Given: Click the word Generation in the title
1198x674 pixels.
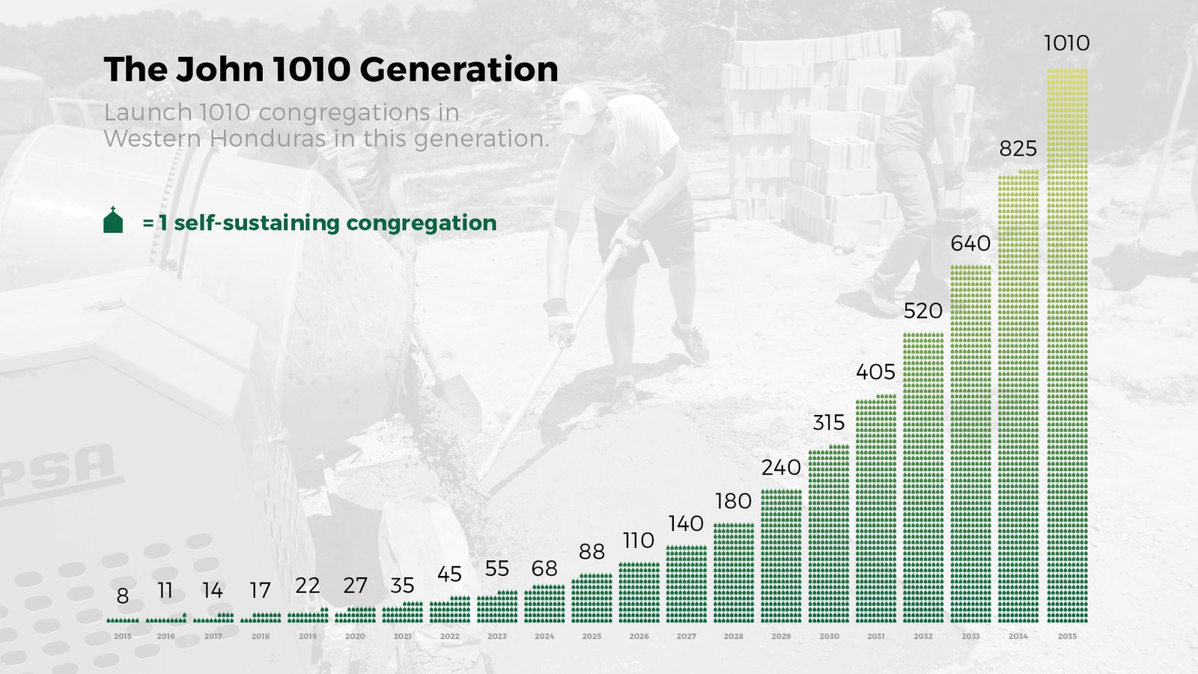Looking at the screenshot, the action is coord(459,69).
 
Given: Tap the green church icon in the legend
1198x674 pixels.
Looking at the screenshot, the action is coord(113,220).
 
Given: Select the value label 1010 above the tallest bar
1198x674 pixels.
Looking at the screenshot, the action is coord(1067,43).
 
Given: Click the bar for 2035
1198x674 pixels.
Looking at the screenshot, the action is coord(1067,345).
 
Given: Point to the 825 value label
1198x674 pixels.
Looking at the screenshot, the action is coord(1018,149).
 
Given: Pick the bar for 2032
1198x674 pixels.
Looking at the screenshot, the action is coord(924,478).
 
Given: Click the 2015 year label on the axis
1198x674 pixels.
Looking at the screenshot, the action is coord(123,636).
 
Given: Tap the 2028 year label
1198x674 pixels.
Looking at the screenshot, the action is coord(733,636).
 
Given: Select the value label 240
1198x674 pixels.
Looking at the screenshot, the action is coord(781,468).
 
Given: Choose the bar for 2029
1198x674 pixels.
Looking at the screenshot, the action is coord(782,556).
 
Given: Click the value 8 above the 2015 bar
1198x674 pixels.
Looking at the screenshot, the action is coord(123,596).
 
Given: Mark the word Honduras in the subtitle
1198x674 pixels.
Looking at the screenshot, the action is coord(267,139).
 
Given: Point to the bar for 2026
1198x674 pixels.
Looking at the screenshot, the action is coord(639,592).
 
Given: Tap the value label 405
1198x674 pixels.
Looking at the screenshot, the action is coord(875,372).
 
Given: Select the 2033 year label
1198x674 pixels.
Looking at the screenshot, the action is coord(970,636).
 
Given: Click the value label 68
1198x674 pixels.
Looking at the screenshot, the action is coord(544,568).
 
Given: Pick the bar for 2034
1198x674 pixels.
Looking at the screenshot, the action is coord(1018,396).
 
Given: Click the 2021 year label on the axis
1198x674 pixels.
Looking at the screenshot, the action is coord(402,636).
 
